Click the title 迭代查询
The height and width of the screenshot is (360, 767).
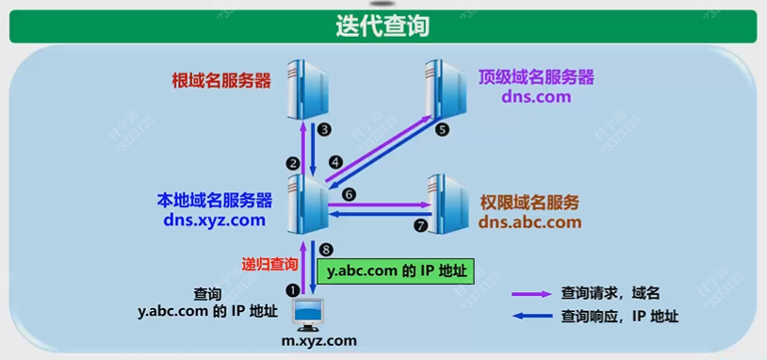383,25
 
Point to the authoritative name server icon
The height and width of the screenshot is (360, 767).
449,202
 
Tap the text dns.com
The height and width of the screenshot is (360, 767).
535,96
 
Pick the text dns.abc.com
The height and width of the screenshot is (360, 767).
530,222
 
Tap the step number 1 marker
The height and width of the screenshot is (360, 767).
292,291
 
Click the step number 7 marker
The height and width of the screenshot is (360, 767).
420,226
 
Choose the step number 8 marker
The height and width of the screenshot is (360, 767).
326,250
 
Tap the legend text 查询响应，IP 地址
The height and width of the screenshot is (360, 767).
620,317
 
